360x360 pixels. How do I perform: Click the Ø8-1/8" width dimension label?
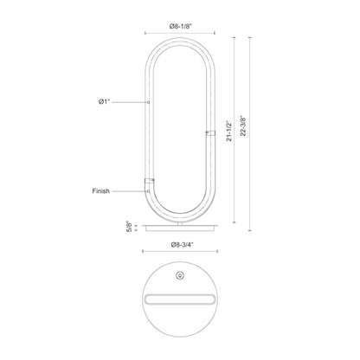(x=181, y=26)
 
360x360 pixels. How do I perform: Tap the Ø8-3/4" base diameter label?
(x=182, y=245)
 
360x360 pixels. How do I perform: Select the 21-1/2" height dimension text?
(x=229, y=131)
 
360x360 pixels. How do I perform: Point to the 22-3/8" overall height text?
(x=243, y=126)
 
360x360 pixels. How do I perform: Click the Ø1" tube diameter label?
(x=105, y=102)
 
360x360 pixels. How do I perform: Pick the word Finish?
(x=101, y=191)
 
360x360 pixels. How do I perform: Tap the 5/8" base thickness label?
(x=129, y=227)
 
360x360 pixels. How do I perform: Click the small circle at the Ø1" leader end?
(x=148, y=102)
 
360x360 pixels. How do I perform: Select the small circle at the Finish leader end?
(x=148, y=191)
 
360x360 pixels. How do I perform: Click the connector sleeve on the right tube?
(x=210, y=133)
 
